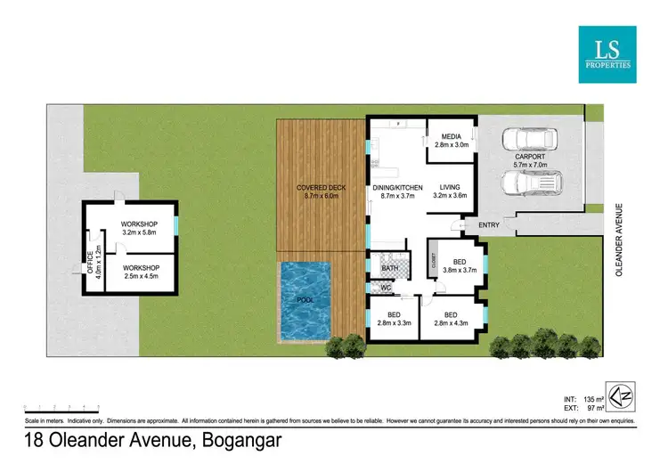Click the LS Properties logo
point(608,53)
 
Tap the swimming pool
point(305,302)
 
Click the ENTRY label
point(489,225)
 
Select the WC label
point(387,288)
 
